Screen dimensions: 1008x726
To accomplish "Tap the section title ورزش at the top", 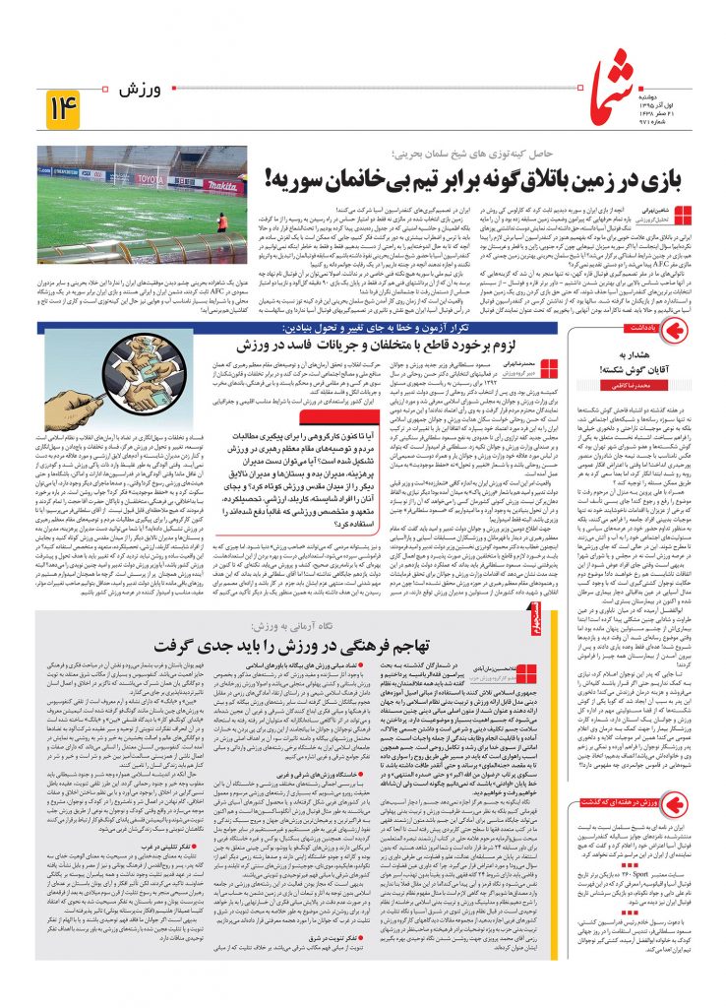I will tap(136, 91).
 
